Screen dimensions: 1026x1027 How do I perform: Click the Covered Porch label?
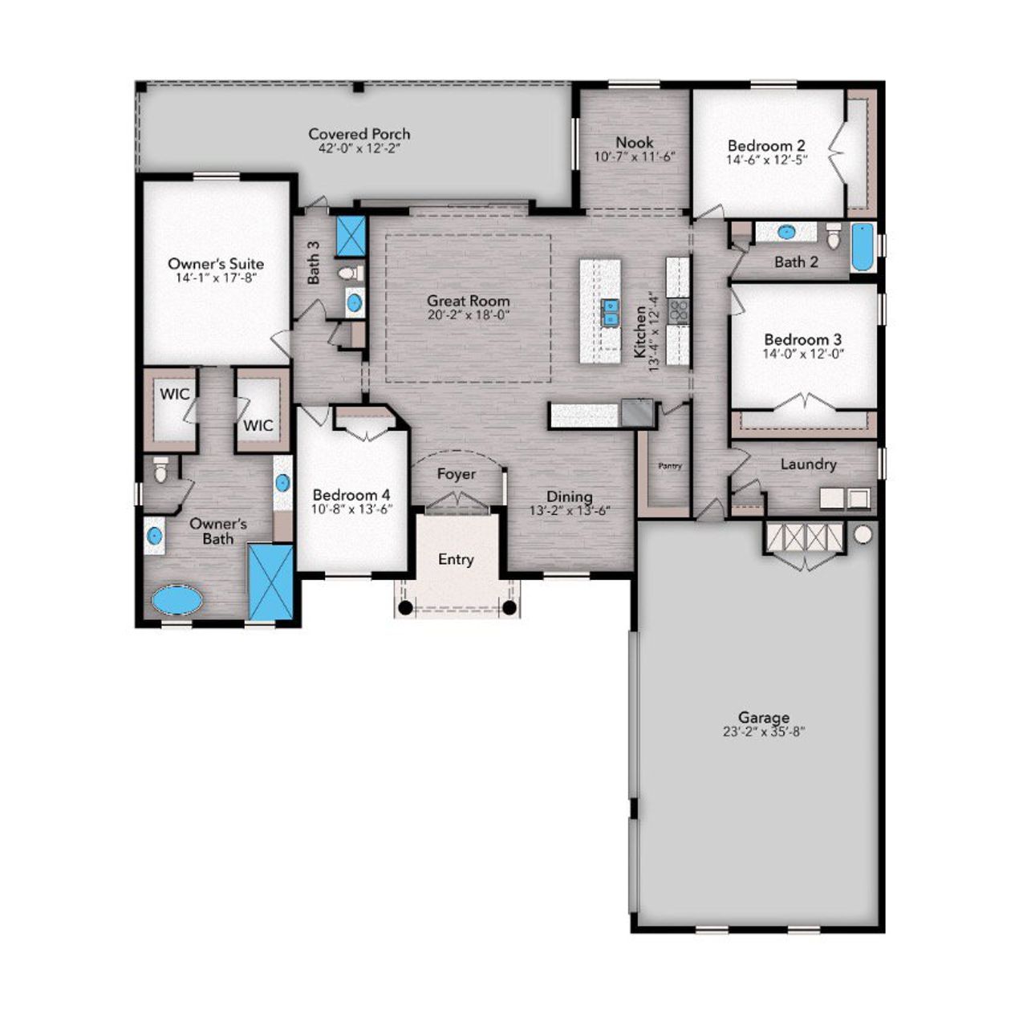click(359, 134)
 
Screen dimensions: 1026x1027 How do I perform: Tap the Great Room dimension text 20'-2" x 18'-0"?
click(468, 315)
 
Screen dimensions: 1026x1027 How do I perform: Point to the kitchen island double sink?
click(611, 312)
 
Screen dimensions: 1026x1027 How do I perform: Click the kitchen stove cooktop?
click(678, 311)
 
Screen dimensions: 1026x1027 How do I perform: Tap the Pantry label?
click(669, 466)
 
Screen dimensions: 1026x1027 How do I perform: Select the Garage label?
click(763, 717)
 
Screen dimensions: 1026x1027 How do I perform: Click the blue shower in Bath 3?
click(350, 236)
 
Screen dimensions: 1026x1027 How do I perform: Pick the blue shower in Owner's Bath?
click(270, 582)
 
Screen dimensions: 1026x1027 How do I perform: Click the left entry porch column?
click(406, 607)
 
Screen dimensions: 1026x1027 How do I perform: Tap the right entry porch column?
click(509, 607)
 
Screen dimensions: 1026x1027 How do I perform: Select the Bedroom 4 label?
click(351, 495)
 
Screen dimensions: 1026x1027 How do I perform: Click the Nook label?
click(634, 142)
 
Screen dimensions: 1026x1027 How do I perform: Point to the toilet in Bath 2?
click(833, 237)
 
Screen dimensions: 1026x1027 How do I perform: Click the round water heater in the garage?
click(863, 534)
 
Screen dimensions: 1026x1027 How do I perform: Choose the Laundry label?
click(808, 464)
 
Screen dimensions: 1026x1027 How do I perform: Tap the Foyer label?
click(456, 474)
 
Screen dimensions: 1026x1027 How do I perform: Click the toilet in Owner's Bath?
click(160, 470)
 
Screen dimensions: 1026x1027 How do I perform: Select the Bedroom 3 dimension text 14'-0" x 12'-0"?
click(802, 354)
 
